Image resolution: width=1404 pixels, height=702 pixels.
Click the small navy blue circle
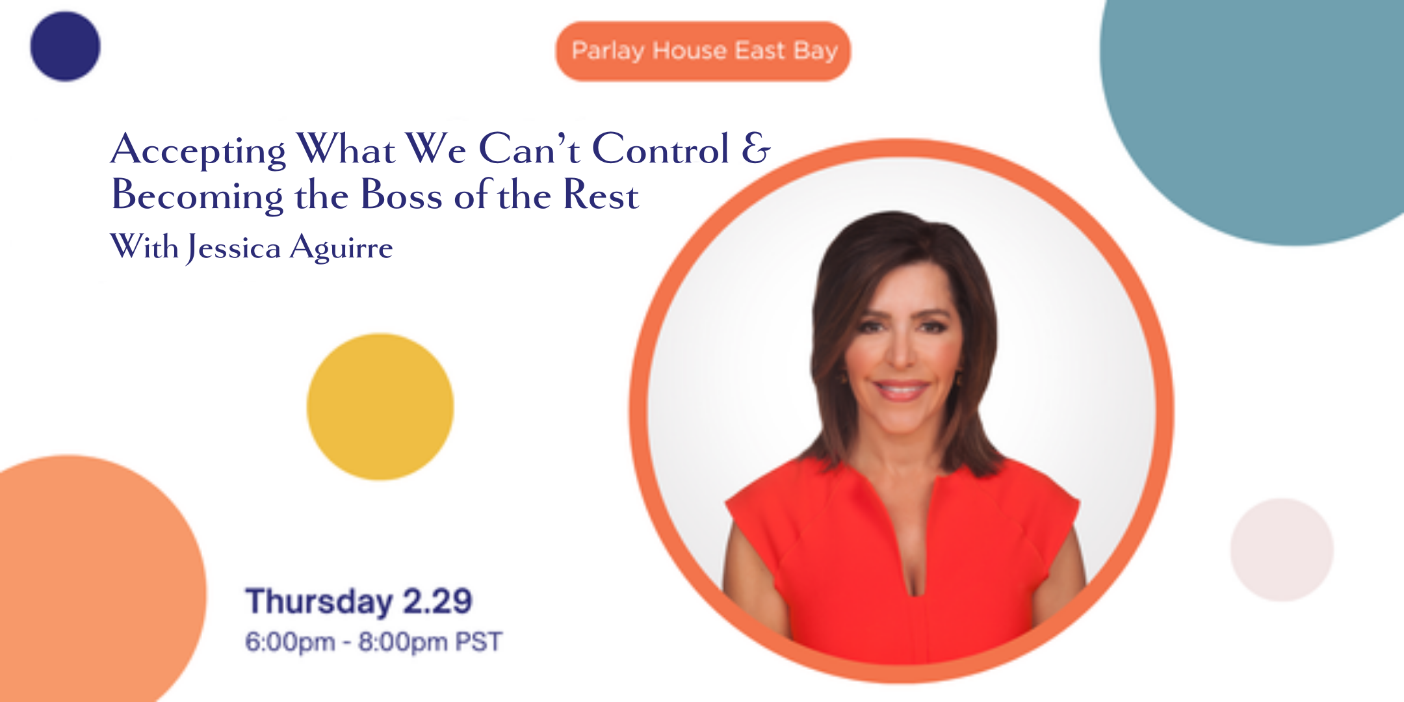65,46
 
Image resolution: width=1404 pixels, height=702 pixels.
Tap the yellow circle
380,407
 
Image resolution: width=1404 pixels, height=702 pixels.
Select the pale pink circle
1281,550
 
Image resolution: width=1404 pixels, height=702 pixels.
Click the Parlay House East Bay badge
703,51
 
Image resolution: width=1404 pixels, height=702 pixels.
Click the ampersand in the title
756,149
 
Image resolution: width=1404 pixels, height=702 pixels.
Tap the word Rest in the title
601,195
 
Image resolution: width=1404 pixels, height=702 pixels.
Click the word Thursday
318,601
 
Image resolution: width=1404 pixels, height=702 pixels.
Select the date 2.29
437,601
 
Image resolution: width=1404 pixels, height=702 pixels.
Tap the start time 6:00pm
290,642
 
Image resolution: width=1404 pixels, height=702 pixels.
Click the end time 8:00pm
403,642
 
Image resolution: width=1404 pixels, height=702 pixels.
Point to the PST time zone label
478,642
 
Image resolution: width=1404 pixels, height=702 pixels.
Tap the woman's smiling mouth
900,390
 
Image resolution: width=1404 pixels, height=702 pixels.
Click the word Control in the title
660,149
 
